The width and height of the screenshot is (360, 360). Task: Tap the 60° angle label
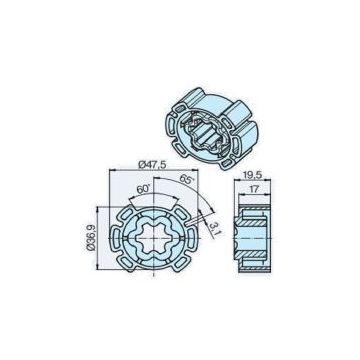[x=144, y=187]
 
